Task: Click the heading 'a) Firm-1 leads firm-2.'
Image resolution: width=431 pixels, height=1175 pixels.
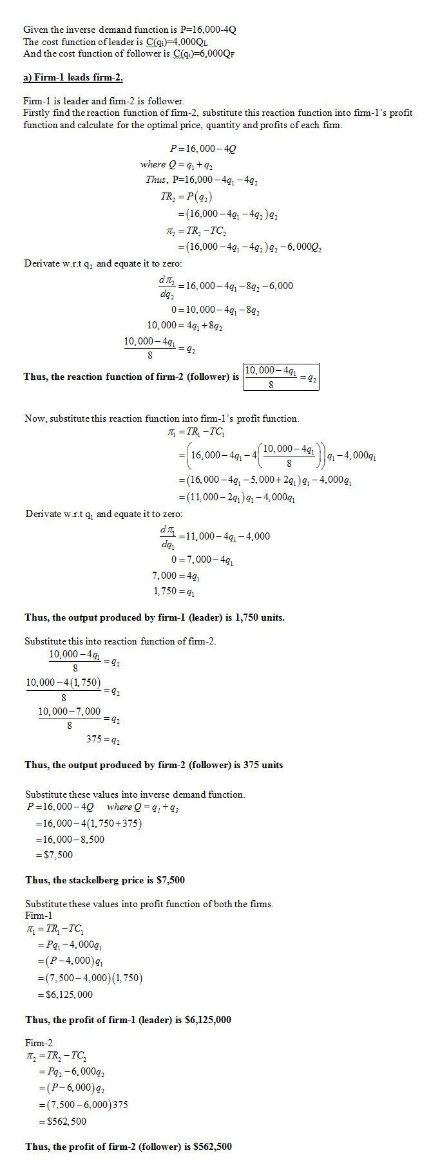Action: (73, 78)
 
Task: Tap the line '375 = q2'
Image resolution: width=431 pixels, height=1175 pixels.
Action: (102, 740)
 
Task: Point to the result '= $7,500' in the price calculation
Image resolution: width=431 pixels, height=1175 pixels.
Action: (54, 854)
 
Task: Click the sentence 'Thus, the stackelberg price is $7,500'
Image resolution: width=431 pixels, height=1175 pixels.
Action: (105, 879)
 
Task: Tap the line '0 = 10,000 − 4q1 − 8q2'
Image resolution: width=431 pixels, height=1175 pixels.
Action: (211, 310)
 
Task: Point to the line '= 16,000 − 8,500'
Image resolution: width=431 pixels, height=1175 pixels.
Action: (70, 839)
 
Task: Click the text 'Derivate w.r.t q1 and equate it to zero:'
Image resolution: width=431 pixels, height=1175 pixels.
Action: (104, 514)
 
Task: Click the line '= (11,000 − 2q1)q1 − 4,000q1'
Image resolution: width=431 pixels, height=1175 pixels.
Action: (241, 496)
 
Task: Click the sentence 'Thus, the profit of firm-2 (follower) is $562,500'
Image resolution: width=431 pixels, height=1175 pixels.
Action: (128, 1146)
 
